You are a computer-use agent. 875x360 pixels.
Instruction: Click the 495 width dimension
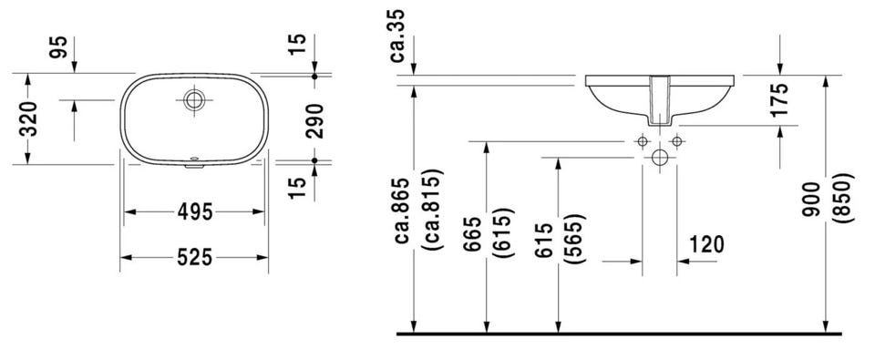point(195,212)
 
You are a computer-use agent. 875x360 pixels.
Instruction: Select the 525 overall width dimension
point(195,257)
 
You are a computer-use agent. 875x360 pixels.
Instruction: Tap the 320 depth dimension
point(28,118)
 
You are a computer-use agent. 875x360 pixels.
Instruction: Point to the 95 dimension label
point(58,46)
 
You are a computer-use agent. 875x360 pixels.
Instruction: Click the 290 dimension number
point(314,120)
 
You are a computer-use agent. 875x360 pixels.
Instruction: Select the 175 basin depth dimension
point(778,100)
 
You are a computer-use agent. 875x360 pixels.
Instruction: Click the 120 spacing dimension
point(706,244)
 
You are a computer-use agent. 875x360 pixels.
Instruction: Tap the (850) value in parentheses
point(846,198)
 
